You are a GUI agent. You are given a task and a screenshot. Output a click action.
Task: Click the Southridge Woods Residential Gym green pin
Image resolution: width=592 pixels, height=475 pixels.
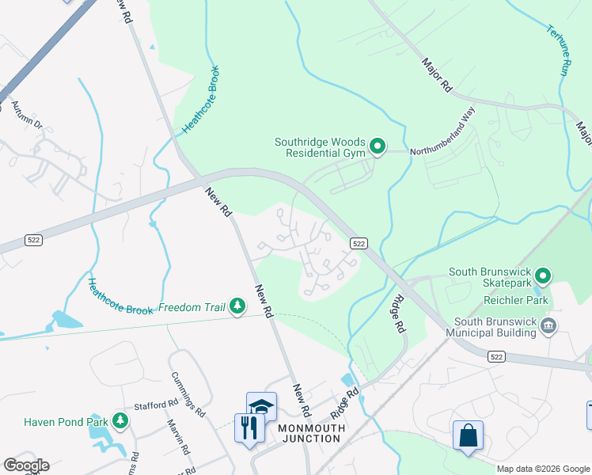tap(378, 146)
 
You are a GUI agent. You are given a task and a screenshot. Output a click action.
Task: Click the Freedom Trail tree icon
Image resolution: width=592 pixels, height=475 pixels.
tap(237, 306)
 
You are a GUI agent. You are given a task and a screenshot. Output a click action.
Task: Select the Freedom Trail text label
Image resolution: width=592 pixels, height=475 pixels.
tap(190, 307)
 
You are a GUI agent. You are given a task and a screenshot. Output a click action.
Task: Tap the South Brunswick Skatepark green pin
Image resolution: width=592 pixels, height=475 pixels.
tap(543, 276)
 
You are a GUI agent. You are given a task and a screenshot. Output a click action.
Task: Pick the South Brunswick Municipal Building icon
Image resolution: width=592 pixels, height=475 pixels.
tap(547, 325)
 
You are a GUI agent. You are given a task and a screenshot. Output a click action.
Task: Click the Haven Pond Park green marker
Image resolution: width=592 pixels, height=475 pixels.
tap(120, 420)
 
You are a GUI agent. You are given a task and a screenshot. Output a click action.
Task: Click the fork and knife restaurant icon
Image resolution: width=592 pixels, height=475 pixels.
tap(249, 428)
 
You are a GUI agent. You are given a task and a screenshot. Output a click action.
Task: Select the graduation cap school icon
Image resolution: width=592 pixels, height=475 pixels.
tap(261, 407)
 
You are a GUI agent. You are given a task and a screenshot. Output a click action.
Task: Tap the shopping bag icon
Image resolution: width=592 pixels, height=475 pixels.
tap(467, 435)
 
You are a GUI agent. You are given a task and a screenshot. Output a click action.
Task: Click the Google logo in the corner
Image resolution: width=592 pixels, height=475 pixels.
tap(26, 465)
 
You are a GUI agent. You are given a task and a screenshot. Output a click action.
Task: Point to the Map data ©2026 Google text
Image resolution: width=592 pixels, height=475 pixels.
tap(542, 469)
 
